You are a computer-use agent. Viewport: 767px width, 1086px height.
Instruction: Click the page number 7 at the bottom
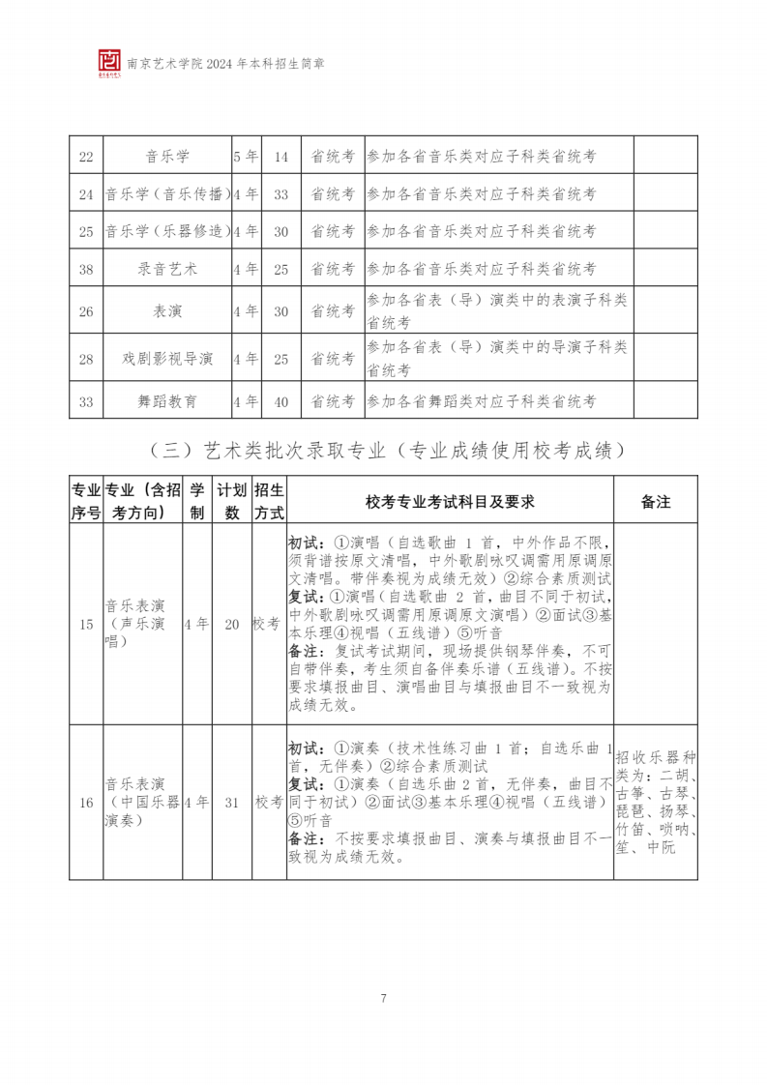click(x=384, y=998)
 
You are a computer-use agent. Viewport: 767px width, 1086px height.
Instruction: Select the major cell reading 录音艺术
click(x=166, y=269)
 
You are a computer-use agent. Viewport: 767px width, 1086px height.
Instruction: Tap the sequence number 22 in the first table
click(x=85, y=157)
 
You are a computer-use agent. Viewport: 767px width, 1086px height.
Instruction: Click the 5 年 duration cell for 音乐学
click(x=246, y=157)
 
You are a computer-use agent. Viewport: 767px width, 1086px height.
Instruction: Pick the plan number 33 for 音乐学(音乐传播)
click(x=280, y=194)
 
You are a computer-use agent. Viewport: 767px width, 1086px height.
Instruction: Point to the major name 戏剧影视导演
click(x=166, y=359)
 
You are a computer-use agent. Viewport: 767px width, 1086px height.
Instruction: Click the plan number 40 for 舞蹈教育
click(x=280, y=400)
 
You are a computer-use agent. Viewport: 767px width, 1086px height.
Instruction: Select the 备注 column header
click(x=655, y=501)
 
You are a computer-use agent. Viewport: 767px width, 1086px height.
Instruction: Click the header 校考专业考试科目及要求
click(x=450, y=501)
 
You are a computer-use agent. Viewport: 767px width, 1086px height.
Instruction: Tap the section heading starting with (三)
click(x=383, y=450)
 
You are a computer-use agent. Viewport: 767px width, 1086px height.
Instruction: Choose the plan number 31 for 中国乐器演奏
click(x=231, y=802)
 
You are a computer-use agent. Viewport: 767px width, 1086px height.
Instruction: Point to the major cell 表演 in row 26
click(x=166, y=311)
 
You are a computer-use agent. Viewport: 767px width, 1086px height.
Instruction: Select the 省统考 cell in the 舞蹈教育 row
click(x=332, y=400)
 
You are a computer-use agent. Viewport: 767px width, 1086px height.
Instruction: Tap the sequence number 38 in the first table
click(x=85, y=269)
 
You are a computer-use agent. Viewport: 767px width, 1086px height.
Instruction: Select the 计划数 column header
click(x=231, y=501)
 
